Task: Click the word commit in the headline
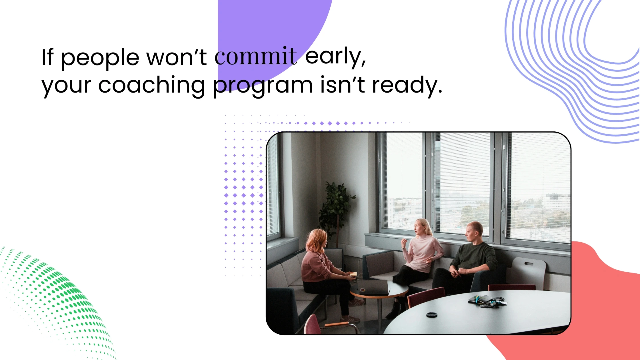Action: pos(256,57)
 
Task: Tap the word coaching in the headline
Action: pos(151,85)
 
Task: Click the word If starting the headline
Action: pos(47,57)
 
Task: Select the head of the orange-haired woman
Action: pos(316,240)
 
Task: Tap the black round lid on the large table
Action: pos(432,315)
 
